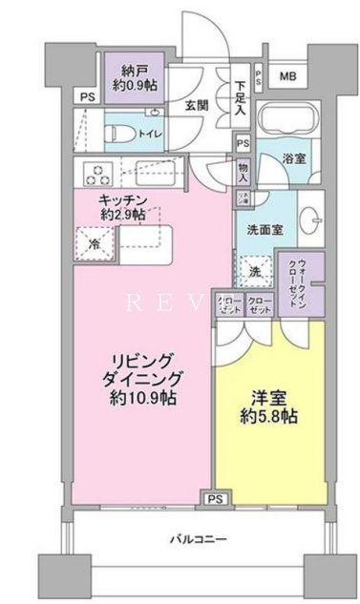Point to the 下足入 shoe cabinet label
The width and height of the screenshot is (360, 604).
(243, 94)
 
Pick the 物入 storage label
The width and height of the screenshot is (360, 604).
(244, 172)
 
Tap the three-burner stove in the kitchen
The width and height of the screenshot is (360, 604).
(98, 175)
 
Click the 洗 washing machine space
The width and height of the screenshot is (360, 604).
(255, 271)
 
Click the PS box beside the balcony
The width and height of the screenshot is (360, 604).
(215, 497)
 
